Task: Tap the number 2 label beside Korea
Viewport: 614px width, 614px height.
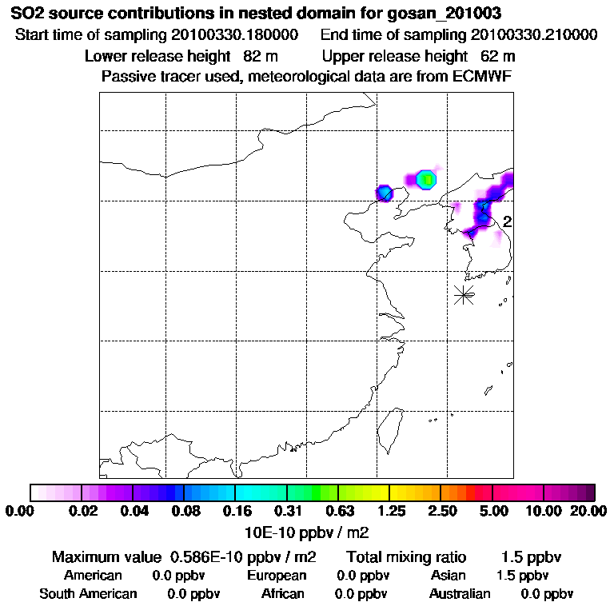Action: click(507, 222)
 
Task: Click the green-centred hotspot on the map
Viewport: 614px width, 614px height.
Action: click(427, 179)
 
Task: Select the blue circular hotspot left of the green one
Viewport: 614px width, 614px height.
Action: click(385, 193)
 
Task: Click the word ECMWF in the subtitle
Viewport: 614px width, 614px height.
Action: click(484, 76)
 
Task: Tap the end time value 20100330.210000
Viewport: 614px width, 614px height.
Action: click(535, 35)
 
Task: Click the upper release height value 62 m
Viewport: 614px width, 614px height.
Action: click(497, 56)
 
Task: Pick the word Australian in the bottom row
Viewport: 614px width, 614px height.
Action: click(460, 593)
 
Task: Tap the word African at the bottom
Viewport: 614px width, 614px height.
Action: click(283, 593)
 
